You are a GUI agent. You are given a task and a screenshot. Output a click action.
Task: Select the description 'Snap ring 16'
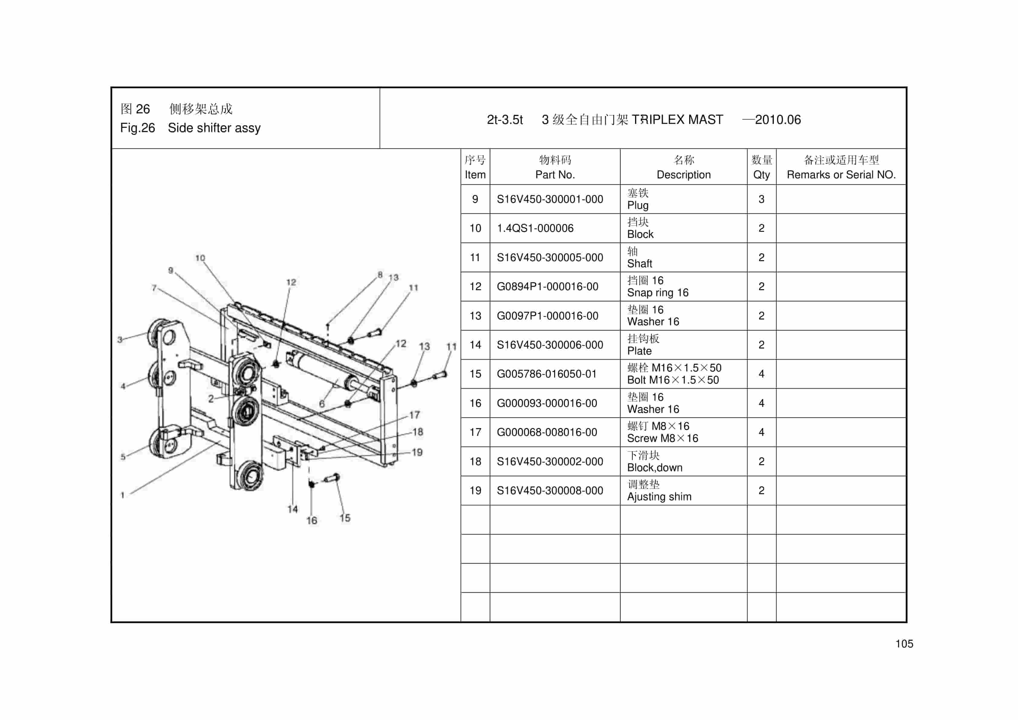click(657, 293)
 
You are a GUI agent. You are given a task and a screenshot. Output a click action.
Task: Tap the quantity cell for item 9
click(761, 199)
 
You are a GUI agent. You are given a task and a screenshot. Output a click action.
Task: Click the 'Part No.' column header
click(555, 175)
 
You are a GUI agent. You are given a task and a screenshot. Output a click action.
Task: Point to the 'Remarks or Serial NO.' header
click(841, 175)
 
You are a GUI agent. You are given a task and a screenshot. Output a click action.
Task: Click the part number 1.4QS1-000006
click(535, 228)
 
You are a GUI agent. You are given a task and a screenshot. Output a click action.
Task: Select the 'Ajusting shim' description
click(659, 497)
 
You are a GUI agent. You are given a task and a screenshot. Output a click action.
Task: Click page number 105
click(904, 644)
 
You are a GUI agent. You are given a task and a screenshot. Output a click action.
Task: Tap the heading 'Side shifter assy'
click(214, 128)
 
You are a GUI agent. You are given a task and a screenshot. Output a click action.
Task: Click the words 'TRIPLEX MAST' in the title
click(677, 120)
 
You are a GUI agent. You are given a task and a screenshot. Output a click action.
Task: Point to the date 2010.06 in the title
click(778, 120)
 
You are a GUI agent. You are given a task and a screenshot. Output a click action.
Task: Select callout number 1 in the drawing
click(122, 495)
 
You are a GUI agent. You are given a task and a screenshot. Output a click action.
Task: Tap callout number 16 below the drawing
click(312, 521)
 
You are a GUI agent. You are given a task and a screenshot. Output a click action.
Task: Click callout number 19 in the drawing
click(417, 452)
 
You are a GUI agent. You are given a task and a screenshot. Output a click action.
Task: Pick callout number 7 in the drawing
click(154, 288)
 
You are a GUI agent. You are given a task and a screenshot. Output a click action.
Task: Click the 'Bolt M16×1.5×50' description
click(673, 380)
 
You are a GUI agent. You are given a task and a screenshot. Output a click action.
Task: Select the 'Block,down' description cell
click(654, 467)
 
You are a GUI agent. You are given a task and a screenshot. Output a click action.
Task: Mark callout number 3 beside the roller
click(120, 340)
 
